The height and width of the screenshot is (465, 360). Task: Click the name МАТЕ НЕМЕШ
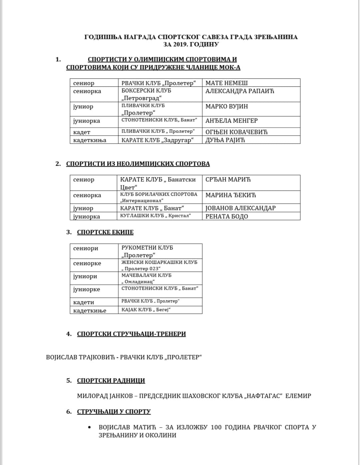pyautogui.click(x=226, y=83)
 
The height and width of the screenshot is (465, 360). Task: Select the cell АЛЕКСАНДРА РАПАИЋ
pyautogui.click(x=240, y=91)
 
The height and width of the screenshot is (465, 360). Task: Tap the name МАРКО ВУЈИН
pyautogui.click(x=227, y=106)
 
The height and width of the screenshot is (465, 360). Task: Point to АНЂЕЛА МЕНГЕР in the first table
pyautogui.click(x=231, y=121)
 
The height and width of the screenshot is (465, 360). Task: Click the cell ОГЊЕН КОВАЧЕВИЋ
pyautogui.click(x=236, y=132)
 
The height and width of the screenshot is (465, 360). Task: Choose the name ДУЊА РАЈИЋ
pyautogui.click(x=225, y=140)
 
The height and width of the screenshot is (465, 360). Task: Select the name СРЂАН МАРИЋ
pyautogui.click(x=228, y=179)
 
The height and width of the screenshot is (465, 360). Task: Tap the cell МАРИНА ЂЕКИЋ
pyautogui.click(x=231, y=195)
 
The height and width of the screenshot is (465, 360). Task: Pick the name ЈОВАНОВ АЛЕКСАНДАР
pyautogui.click(x=240, y=208)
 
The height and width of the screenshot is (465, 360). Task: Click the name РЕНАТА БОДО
pyautogui.click(x=227, y=216)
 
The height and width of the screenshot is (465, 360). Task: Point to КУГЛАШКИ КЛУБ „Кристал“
pyautogui.click(x=155, y=216)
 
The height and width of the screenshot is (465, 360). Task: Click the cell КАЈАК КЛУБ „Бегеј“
pyautogui.click(x=146, y=310)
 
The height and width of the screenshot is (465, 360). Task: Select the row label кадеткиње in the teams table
pyautogui.click(x=90, y=311)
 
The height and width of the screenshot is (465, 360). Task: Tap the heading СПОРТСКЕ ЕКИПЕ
pyautogui.click(x=105, y=232)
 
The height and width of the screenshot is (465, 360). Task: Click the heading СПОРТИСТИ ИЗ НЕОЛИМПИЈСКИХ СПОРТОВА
pyautogui.click(x=138, y=164)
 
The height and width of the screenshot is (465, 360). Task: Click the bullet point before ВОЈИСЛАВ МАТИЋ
pyautogui.click(x=89, y=427)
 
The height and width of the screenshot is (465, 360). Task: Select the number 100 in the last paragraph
pyautogui.click(x=216, y=427)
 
